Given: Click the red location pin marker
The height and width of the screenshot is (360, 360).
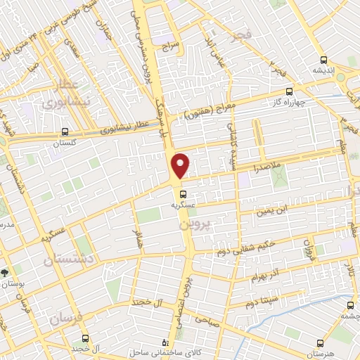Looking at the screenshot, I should (x=181, y=165).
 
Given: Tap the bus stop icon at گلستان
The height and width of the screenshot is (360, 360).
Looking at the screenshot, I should (x=65, y=131).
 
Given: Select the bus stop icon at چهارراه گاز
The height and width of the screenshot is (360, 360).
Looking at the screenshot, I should (x=289, y=91).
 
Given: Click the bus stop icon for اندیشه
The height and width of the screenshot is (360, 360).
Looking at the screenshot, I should (x=323, y=60).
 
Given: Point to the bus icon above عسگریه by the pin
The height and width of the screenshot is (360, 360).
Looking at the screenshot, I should (x=183, y=194).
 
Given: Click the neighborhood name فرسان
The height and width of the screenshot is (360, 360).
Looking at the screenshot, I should (x=66, y=319).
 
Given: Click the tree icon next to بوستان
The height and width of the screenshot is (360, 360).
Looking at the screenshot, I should (x=6, y=271).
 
